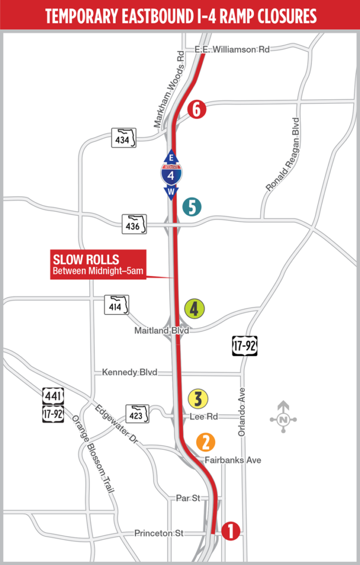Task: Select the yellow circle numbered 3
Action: pyautogui.click(x=197, y=398)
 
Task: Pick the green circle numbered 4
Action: pyautogui.click(x=194, y=308)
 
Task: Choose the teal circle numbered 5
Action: pyautogui.click(x=192, y=207)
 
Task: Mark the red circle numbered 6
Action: pyautogui.click(x=196, y=109)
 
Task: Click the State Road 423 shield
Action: pyautogui.click(x=138, y=414)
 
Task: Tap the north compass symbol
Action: pyautogui.click(x=283, y=419)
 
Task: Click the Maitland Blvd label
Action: pyautogui.click(x=162, y=331)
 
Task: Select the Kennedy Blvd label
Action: pyautogui.click(x=130, y=372)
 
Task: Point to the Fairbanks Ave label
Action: pyautogui.click(x=233, y=460)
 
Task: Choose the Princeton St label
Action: pyautogui.click(x=159, y=534)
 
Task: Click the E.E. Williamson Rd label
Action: pyautogui.click(x=232, y=49)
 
